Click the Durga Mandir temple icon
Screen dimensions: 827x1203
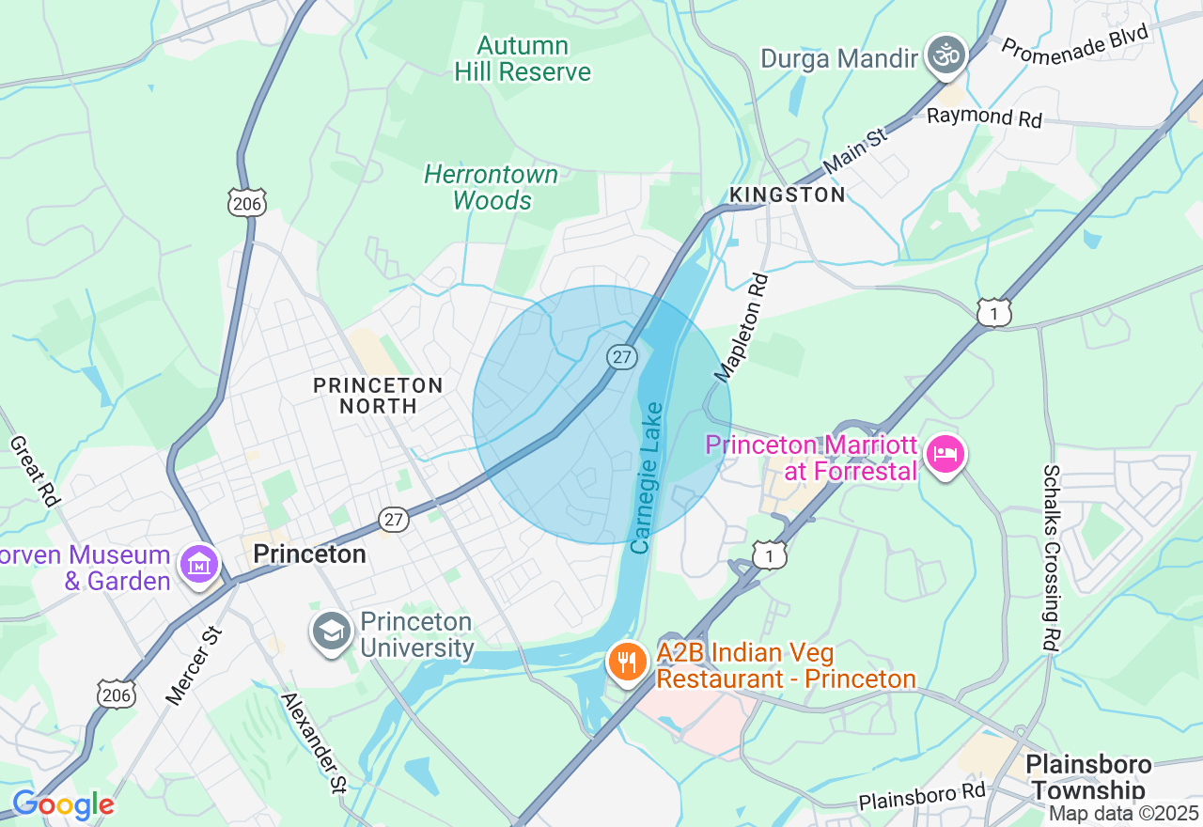coord(946,57)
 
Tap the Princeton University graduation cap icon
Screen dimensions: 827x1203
coord(332,632)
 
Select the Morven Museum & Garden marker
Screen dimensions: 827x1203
coord(199,565)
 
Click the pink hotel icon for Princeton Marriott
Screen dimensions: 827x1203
coord(945,456)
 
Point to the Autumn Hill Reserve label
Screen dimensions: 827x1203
coord(523,58)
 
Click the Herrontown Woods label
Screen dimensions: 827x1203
coord(491,187)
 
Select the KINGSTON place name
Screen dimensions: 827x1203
coord(788,195)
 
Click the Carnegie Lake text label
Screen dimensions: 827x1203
coord(647,477)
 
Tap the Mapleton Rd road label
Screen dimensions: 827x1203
coord(742,328)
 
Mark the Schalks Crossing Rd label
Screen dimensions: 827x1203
coord(1051,558)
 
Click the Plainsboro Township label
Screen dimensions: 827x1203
coord(1087,776)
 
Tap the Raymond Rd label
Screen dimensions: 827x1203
coord(984,117)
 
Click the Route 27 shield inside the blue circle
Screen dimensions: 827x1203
coord(621,357)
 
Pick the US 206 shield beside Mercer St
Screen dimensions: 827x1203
coord(117,694)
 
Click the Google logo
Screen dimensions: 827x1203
coord(62,805)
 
